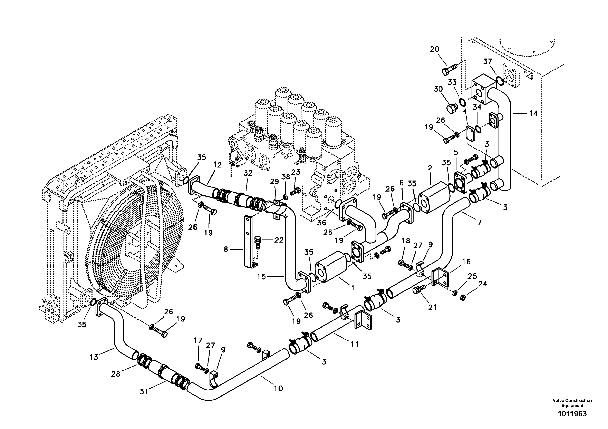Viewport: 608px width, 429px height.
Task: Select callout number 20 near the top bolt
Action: (434, 49)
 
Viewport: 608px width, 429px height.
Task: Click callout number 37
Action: (488, 61)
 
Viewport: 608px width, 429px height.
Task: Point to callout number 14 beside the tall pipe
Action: (533, 113)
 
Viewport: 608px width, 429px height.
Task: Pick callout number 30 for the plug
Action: (438, 89)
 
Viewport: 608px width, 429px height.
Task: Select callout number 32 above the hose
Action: (248, 173)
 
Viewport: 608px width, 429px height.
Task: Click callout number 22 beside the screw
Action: (279, 240)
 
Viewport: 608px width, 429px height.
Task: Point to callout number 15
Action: (261, 277)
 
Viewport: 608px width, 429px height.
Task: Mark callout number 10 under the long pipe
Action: (278, 388)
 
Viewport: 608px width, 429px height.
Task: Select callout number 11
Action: (355, 344)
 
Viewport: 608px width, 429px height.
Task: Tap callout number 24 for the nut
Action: (482, 284)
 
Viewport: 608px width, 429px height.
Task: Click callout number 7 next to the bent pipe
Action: (479, 222)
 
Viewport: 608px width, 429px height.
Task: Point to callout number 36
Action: (321, 223)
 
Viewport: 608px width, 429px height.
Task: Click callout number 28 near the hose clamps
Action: (115, 374)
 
